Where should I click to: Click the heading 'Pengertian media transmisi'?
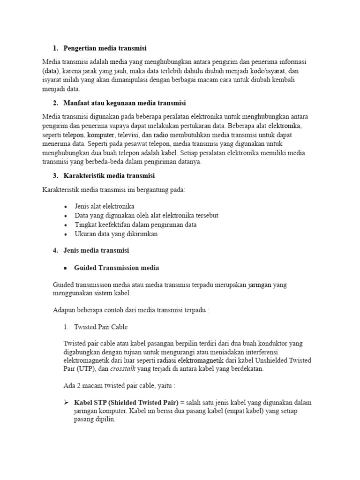tap(105, 48)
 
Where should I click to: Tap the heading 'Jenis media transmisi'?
tap(96, 250)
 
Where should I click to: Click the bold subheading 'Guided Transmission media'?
tap(116, 268)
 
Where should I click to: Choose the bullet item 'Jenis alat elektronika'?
tap(104, 206)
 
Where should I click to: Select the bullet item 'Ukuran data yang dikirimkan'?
tap(116, 233)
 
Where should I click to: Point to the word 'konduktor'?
tap(272, 343)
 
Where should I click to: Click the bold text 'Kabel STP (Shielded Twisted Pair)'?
tap(126, 403)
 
